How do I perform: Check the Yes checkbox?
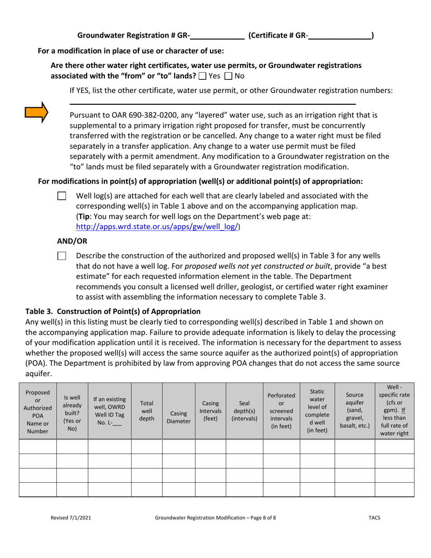(203, 76)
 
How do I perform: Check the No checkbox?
(229, 76)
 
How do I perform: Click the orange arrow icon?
(36, 113)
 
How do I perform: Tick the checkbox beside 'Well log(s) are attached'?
(62, 196)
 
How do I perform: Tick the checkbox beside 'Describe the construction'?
(62, 256)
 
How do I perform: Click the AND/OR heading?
(72, 241)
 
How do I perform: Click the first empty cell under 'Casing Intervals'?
(211, 446)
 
